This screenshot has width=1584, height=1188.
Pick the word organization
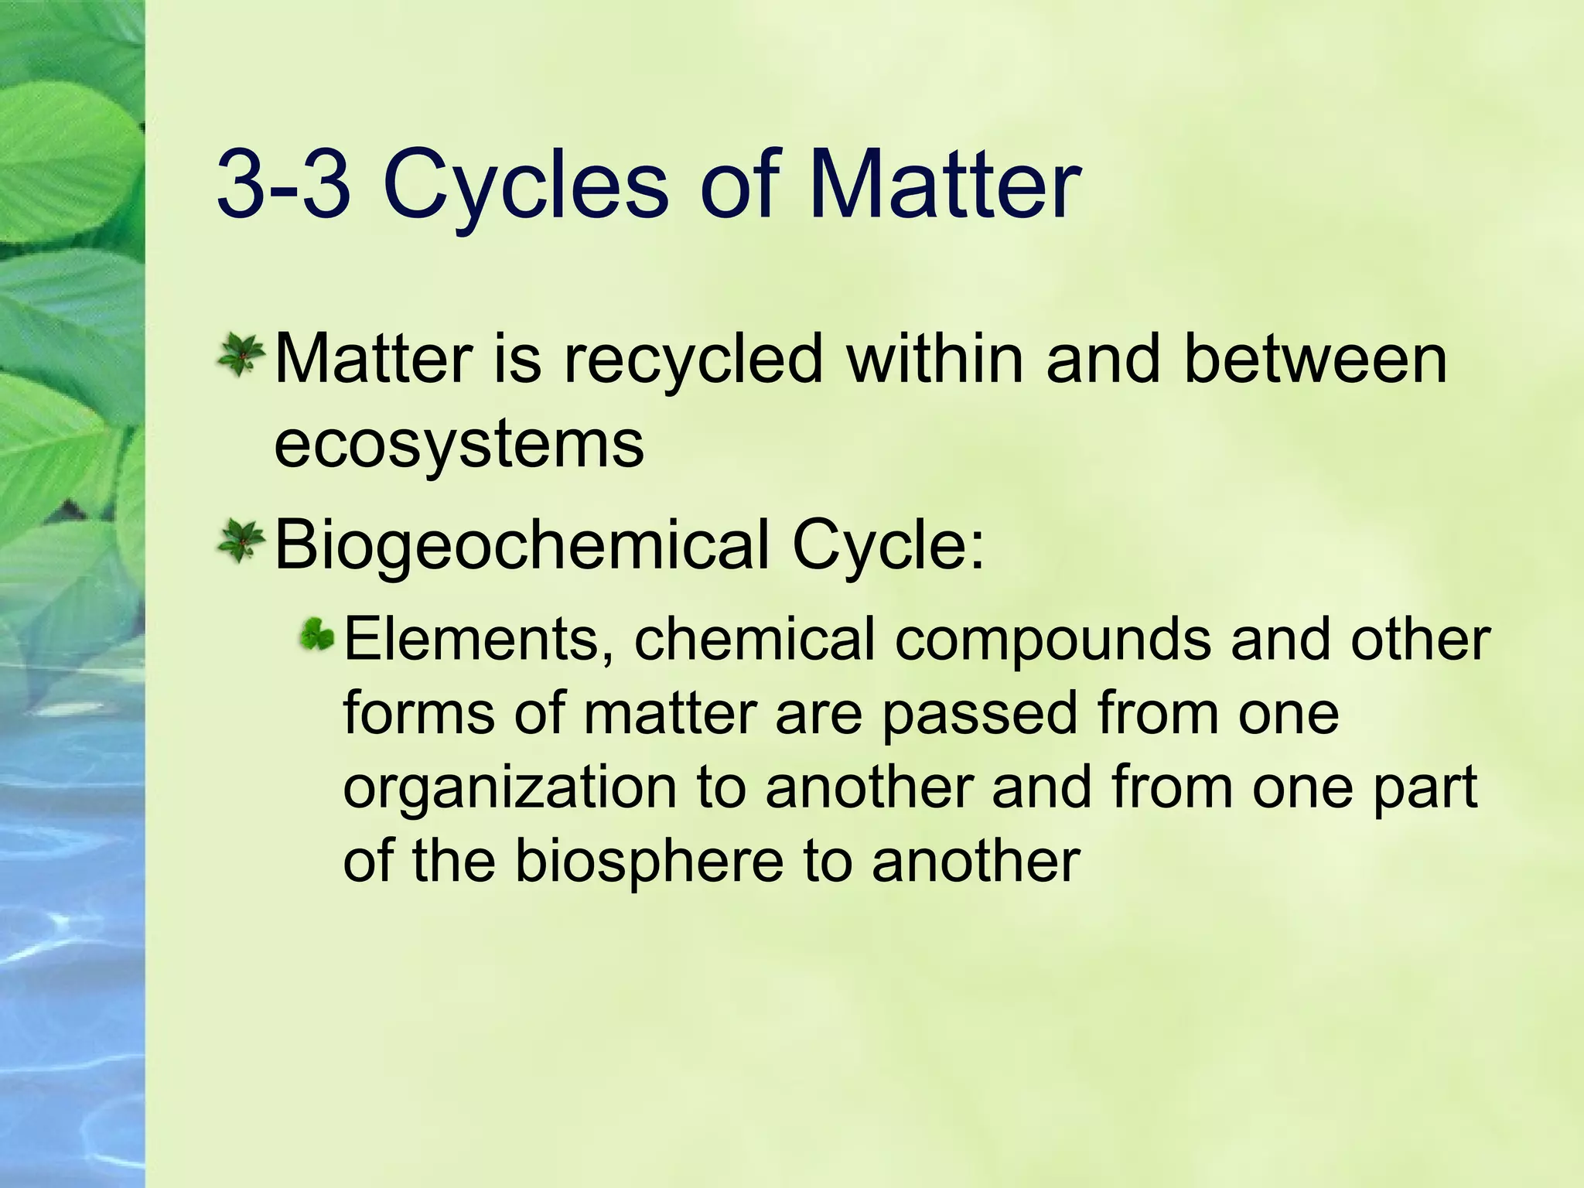pos(510,789)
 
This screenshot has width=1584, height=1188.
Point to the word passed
pos(979,714)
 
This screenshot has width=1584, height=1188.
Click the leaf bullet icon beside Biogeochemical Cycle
pos(241,541)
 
